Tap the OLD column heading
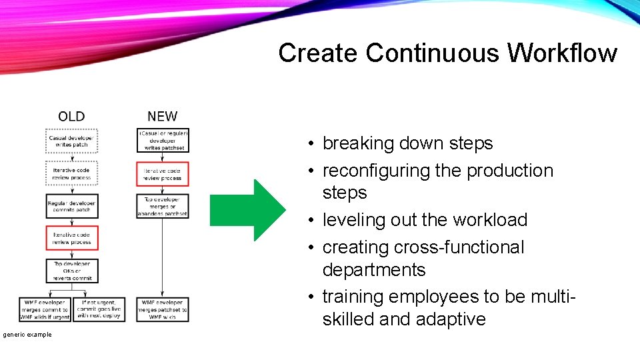71,117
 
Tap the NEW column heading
163,117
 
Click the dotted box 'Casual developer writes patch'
71,141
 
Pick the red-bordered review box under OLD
71,238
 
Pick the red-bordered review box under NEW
163,174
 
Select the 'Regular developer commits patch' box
71,206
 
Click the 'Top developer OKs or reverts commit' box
71,271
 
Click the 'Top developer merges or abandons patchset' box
163,206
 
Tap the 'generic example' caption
26,334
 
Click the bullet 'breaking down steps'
407,143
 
